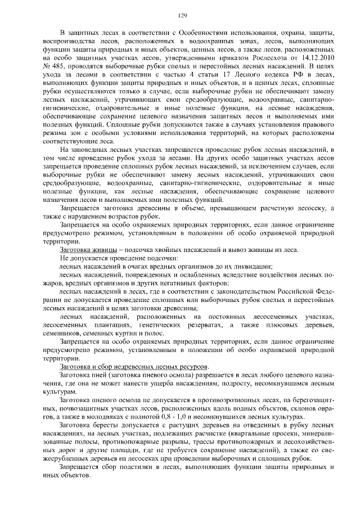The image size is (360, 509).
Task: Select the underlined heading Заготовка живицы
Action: pos(88,249)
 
